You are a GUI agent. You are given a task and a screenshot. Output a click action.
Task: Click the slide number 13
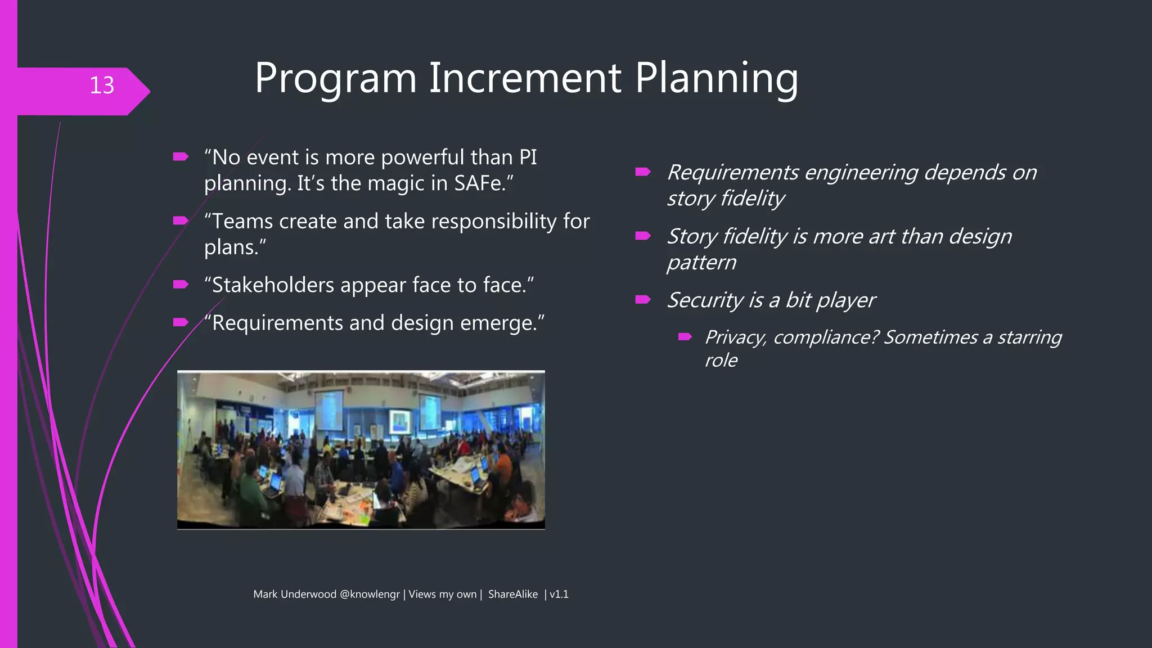tap(102, 85)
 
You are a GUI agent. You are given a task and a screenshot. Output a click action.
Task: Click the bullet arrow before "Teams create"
tap(181, 220)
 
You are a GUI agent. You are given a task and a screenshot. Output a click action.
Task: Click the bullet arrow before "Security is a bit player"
tap(643, 299)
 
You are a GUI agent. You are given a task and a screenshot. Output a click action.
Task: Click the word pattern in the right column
tap(701, 262)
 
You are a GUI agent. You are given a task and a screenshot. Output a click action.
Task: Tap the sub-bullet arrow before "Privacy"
tap(685, 337)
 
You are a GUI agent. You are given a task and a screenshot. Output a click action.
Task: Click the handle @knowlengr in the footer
tap(370, 595)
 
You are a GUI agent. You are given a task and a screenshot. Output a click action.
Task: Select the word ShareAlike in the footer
tap(512, 595)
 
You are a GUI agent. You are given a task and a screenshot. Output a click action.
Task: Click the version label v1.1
tap(559, 595)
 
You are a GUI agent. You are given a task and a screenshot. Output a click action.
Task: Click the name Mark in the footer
tap(265, 595)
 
